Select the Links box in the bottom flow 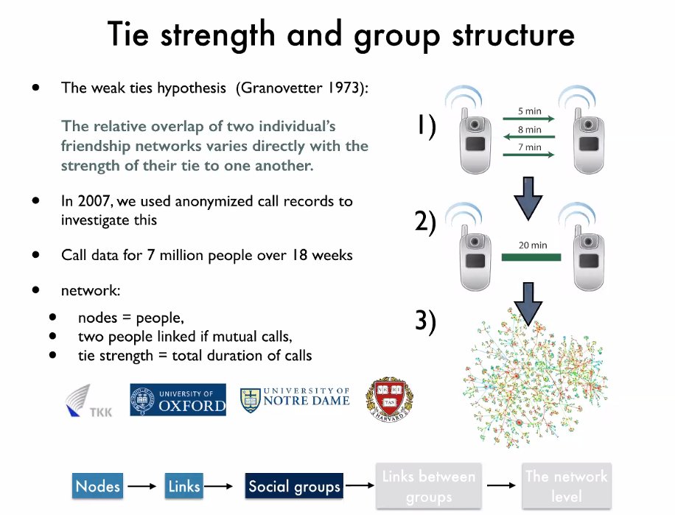pyautogui.click(x=184, y=486)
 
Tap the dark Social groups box pyautogui.click(x=295, y=486)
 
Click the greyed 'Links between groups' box pyautogui.click(x=428, y=486)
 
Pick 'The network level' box pyautogui.click(x=566, y=486)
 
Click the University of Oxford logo pyautogui.click(x=178, y=400)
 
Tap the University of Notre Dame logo pyautogui.click(x=295, y=400)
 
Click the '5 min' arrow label pyautogui.click(x=529, y=111)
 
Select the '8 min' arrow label pyautogui.click(x=529, y=129)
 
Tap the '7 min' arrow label pyautogui.click(x=529, y=147)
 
